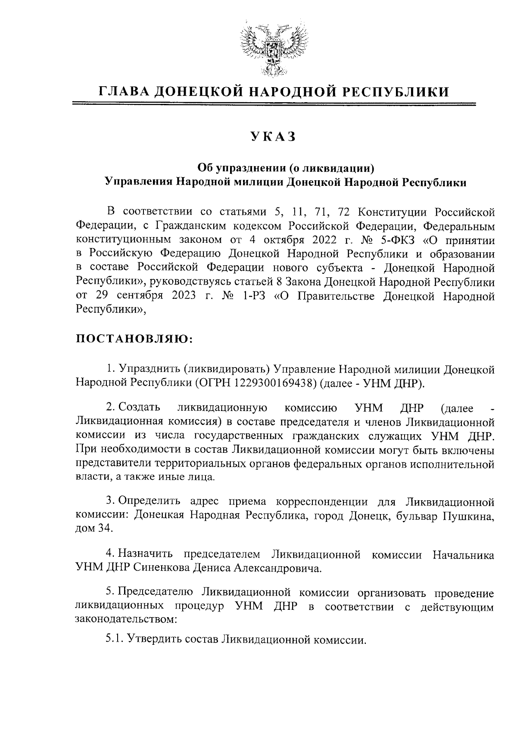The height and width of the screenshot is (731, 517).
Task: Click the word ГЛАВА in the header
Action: (x=122, y=92)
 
